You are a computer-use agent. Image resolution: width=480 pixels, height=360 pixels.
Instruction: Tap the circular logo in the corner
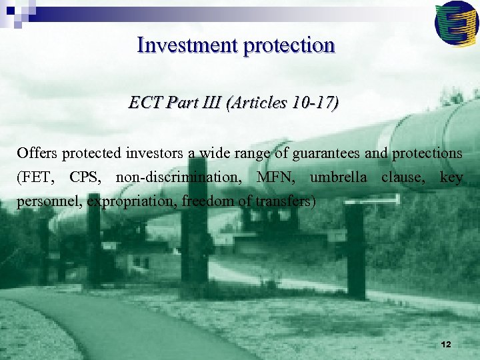pyautogui.click(x=456, y=22)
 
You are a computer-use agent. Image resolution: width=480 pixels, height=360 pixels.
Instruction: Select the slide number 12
pyautogui.click(x=446, y=344)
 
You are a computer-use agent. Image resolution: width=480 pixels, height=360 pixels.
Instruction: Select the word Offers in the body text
pyautogui.click(x=37, y=153)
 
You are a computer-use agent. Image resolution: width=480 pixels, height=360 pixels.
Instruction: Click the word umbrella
pyautogui.click(x=339, y=178)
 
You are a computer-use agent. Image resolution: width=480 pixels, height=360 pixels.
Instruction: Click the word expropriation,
pyautogui.click(x=128, y=202)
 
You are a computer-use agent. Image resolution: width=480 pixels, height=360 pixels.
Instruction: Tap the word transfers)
pyautogui.click(x=287, y=202)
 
